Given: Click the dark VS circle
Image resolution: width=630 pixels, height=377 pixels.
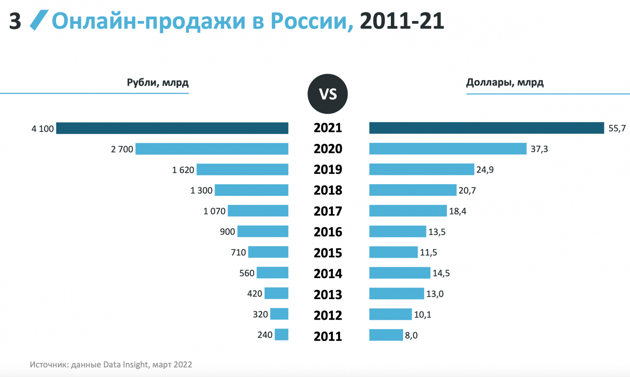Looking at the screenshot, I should pos(328,94).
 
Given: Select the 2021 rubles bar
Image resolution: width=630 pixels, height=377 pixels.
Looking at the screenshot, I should pos(172,128).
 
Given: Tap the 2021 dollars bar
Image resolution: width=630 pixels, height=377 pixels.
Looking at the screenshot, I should pos(487,128).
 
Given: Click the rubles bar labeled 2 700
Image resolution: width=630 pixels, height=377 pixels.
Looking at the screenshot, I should pos(212,149).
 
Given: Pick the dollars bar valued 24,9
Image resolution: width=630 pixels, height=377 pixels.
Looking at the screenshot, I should pos(421,169).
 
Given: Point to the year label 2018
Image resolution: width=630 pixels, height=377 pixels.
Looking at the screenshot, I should pos(328,190).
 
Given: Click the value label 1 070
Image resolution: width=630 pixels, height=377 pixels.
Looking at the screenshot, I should pos(214,211).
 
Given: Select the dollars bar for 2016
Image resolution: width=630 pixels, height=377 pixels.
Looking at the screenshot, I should pos(398,231).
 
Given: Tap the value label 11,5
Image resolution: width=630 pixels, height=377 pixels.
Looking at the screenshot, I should pos(429,253).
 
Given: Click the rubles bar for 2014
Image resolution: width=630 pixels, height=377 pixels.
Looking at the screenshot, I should pos(273,273).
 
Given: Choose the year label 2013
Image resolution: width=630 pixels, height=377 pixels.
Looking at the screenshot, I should pos(328,294).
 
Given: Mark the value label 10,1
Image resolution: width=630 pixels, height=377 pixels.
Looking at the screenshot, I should pos(423,315).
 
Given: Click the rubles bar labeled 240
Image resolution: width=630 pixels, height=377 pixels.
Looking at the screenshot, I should pos(281,335).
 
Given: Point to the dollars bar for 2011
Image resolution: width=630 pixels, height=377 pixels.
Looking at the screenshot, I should pos(386,335).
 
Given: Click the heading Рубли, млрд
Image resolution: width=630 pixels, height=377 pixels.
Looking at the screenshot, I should pos(158,83).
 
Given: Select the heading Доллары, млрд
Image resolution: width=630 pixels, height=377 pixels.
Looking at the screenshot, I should pos(505,83).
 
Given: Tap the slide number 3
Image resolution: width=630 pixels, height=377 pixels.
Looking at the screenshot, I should pos(15,21).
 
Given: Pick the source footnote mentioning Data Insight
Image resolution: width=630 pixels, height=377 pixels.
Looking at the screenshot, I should pos(111,364).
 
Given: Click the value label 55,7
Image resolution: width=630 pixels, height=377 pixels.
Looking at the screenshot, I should pos(617,128).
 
